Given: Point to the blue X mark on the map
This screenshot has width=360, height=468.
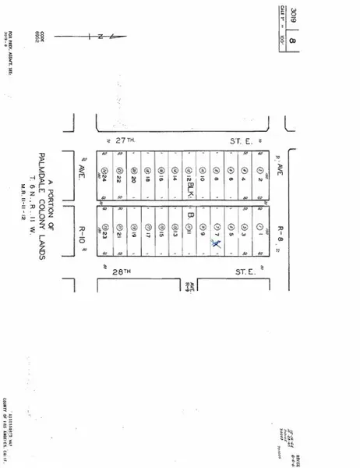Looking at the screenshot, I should [x=217, y=244].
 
